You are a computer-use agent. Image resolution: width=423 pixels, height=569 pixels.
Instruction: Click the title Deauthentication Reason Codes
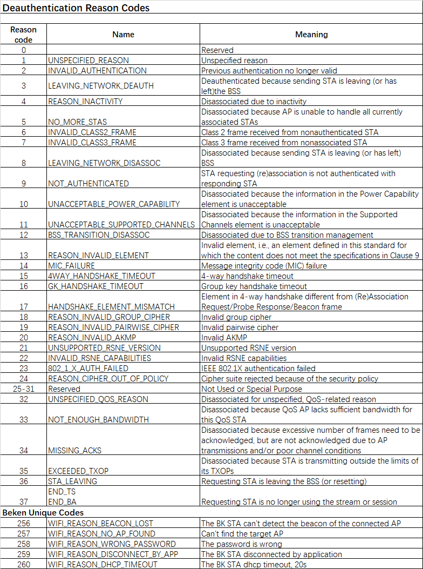[x=76, y=8]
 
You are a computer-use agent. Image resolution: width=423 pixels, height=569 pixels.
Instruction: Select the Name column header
[x=123, y=34]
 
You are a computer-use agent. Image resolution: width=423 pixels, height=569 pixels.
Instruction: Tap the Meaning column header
[x=311, y=34]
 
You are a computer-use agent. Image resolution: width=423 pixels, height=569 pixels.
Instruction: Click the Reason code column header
[x=24, y=34]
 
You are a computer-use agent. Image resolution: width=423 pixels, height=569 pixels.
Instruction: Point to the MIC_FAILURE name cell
[x=72, y=266]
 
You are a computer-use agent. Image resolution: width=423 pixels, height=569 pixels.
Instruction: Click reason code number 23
[x=24, y=369]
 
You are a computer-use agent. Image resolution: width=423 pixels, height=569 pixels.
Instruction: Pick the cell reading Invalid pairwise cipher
[x=240, y=327]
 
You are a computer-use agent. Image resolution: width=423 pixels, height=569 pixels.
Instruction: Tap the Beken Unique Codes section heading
[x=43, y=512]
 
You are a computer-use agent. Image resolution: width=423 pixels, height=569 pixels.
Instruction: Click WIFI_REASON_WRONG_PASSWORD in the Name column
[x=112, y=544]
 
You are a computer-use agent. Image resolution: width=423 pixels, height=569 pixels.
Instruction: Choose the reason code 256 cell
[x=24, y=523]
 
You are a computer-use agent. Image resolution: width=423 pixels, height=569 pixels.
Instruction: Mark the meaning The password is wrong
[x=242, y=544]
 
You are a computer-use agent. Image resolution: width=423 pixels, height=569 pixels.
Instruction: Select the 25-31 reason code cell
[x=24, y=389]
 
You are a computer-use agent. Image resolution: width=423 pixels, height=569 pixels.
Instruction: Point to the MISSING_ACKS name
[x=75, y=450]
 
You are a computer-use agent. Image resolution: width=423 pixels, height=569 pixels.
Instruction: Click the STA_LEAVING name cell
[x=73, y=481]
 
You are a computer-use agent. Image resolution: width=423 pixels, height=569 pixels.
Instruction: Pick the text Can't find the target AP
[x=242, y=533]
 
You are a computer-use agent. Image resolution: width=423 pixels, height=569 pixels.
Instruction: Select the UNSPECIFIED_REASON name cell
[x=88, y=61]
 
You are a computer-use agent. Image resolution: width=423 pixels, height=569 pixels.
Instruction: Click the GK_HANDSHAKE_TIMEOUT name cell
[x=96, y=286]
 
